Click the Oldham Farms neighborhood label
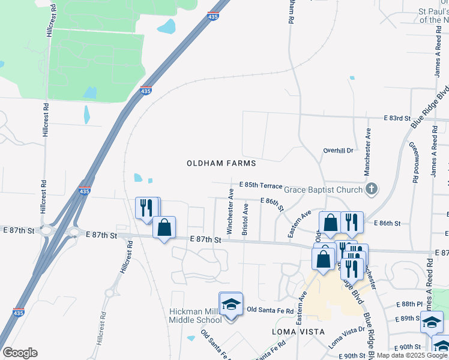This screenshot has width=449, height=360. click(x=221, y=163)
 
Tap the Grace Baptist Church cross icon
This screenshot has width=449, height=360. click(x=372, y=190)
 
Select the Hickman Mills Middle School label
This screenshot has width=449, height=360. click(x=196, y=315)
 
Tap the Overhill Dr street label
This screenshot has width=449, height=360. click(x=339, y=150)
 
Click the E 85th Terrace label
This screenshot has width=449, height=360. click(x=260, y=185)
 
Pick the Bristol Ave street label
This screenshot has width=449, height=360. click(x=245, y=218)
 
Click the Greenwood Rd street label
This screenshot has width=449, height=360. click(x=414, y=163)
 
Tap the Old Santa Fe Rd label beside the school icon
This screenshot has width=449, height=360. click(x=270, y=310)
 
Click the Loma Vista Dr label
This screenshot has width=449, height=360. click(x=347, y=337)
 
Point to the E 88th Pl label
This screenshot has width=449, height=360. click(x=408, y=305)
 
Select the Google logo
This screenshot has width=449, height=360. click(x=20, y=353)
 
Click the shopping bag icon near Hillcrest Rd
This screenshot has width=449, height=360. click(x=164, y=228)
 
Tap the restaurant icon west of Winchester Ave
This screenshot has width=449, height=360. click(x=146, y=208)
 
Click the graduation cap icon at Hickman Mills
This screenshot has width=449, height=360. click(x=231, y=304)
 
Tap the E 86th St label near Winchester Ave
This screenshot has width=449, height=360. click(x=271, y=203)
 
